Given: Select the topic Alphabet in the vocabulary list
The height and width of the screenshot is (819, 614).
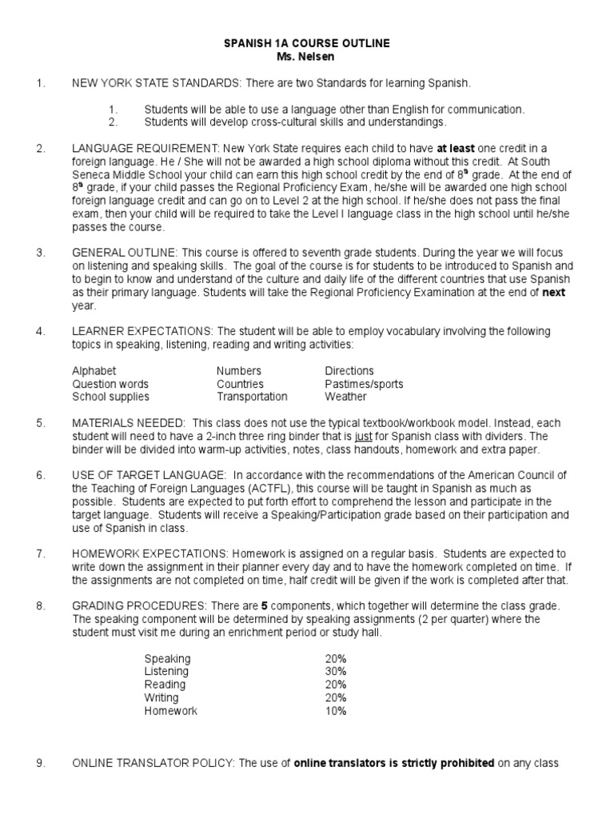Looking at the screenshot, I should pos(94,371).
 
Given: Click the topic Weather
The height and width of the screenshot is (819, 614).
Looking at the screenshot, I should pos(345,397).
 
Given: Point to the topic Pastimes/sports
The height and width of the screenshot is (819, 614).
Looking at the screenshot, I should pos(364,384).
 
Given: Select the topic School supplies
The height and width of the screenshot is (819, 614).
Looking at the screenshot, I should pos(110,397).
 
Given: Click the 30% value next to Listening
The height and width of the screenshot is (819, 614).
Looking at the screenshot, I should pos(336,672).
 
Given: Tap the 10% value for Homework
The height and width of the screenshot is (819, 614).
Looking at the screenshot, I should pos(336,710).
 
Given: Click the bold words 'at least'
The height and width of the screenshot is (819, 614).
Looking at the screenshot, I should pos(459,149).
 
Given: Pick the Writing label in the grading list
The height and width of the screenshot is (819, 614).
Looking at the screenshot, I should pos(161,697).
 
